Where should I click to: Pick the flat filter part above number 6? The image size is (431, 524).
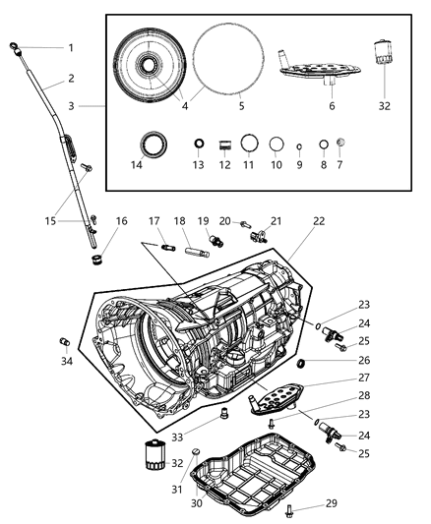click(313, 67)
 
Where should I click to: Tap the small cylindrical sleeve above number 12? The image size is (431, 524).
click(224, 146)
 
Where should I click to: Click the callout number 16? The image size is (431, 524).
click(122, 223)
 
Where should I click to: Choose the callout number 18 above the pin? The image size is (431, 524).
click(180, 223)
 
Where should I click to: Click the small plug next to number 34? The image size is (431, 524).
click(65, 341)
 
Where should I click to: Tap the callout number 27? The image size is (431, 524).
click(337, 377)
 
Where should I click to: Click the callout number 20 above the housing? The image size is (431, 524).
click(224, 222)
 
